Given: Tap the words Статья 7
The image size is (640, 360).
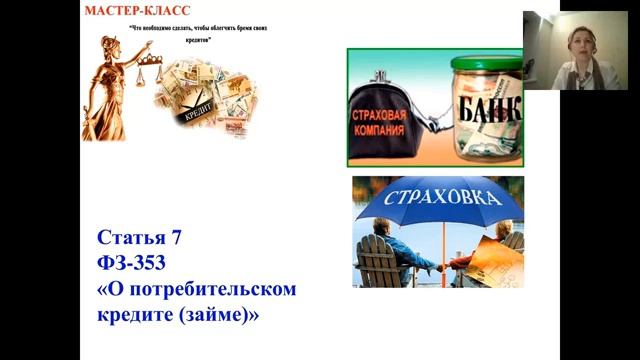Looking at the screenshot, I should tap(140, 238).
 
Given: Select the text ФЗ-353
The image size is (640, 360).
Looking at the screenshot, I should tap(134, 264).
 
